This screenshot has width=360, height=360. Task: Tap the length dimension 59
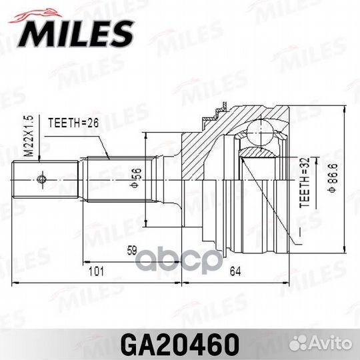point(131,251)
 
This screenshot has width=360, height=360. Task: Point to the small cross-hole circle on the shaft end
point(42,179)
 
